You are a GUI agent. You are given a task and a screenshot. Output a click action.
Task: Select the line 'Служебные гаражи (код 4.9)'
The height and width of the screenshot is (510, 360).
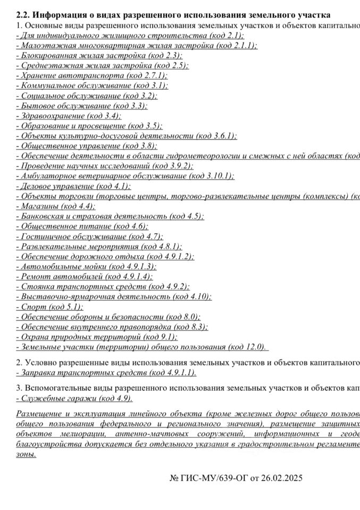click(75, 398)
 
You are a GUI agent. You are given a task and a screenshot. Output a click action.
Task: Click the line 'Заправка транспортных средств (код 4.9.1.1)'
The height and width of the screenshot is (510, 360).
click(107, 372)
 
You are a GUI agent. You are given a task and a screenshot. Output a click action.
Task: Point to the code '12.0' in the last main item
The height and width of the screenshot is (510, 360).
click(254, 347)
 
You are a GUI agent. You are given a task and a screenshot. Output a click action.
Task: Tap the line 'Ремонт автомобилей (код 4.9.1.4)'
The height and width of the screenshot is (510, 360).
click(85, 277)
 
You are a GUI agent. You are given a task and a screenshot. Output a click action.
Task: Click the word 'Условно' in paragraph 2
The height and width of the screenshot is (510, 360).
click(40, 362)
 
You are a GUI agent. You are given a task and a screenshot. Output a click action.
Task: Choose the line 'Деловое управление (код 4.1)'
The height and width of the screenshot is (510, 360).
click(74, 186)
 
